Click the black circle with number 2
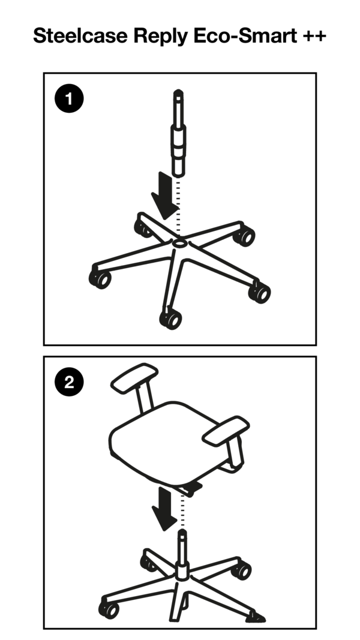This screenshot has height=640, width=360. (x=69, y=383)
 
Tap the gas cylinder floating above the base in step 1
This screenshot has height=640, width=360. (x=179, y=135)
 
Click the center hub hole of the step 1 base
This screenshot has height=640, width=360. (x=179, y=244)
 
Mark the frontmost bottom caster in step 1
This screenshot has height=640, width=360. (x=171, y=319)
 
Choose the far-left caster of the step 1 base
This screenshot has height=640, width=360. (x=100, y=279)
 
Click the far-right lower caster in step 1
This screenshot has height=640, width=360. (x=260, y=292)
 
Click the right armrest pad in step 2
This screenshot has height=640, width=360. (x=225, y=429)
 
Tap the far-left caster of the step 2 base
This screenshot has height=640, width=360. (x=109, y=609)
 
